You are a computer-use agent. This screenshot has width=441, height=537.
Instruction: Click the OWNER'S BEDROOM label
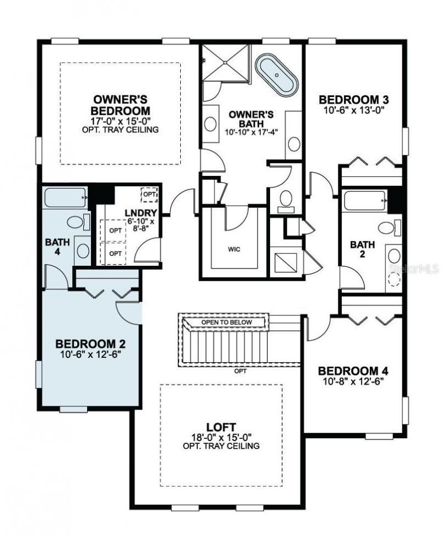pos(120,104)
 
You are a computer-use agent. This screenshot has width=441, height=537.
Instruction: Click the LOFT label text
pos(221,427)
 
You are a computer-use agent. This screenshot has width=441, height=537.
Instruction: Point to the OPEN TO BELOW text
pos(226,322)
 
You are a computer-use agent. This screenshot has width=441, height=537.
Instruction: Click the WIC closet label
pos(234,249)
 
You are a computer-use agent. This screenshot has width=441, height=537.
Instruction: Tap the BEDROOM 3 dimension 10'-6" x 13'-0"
pos(355,110)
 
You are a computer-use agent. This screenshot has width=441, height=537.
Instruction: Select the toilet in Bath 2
pos(386,228)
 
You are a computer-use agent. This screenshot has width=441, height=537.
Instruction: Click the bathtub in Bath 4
pos(65,198)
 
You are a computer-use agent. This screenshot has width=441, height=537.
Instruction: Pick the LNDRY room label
pos(141,213)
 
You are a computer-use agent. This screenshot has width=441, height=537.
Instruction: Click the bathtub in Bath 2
pos(364,200)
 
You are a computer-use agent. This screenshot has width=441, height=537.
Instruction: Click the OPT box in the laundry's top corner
pos(149,195)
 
